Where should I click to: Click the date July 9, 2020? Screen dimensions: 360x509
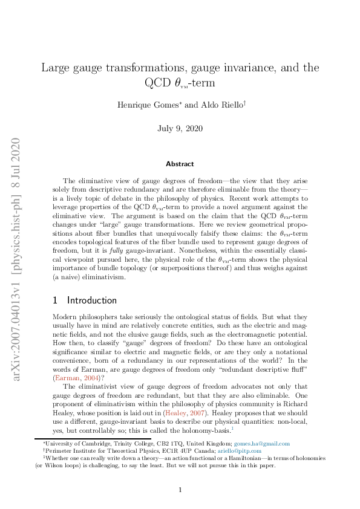180,128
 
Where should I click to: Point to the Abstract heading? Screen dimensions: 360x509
180,164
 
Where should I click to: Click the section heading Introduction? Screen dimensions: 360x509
92,300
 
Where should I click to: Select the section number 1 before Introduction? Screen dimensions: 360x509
56,300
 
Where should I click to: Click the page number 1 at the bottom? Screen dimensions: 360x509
180,490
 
